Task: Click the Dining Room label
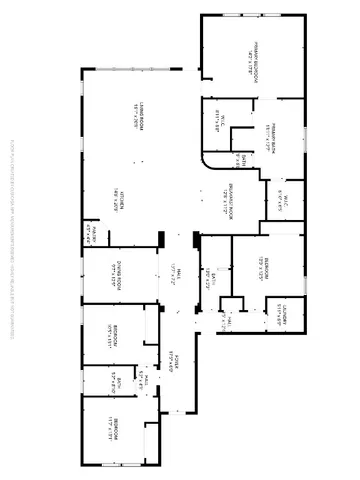113,272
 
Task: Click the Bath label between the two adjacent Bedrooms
119,379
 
